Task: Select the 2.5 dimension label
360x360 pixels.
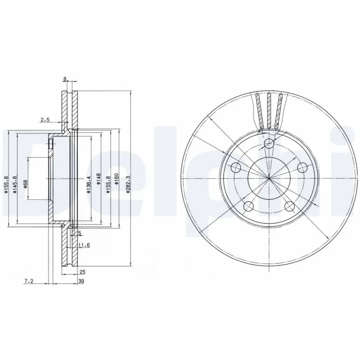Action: click(x=45, y=120)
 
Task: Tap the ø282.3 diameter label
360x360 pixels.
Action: click(x=128, y=184)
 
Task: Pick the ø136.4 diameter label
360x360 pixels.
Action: click(x=89, y=184)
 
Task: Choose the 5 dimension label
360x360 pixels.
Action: click(x=79, y=233)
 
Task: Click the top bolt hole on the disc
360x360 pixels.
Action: click(x=269, y=144)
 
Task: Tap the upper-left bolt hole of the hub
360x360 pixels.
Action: click(x=236, y=168)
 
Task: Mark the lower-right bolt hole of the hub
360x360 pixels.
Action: click(x=289, y=206)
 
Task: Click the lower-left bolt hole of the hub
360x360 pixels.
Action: click(x=248, y=207)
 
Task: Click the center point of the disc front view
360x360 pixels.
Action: click(x=269, y=178)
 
